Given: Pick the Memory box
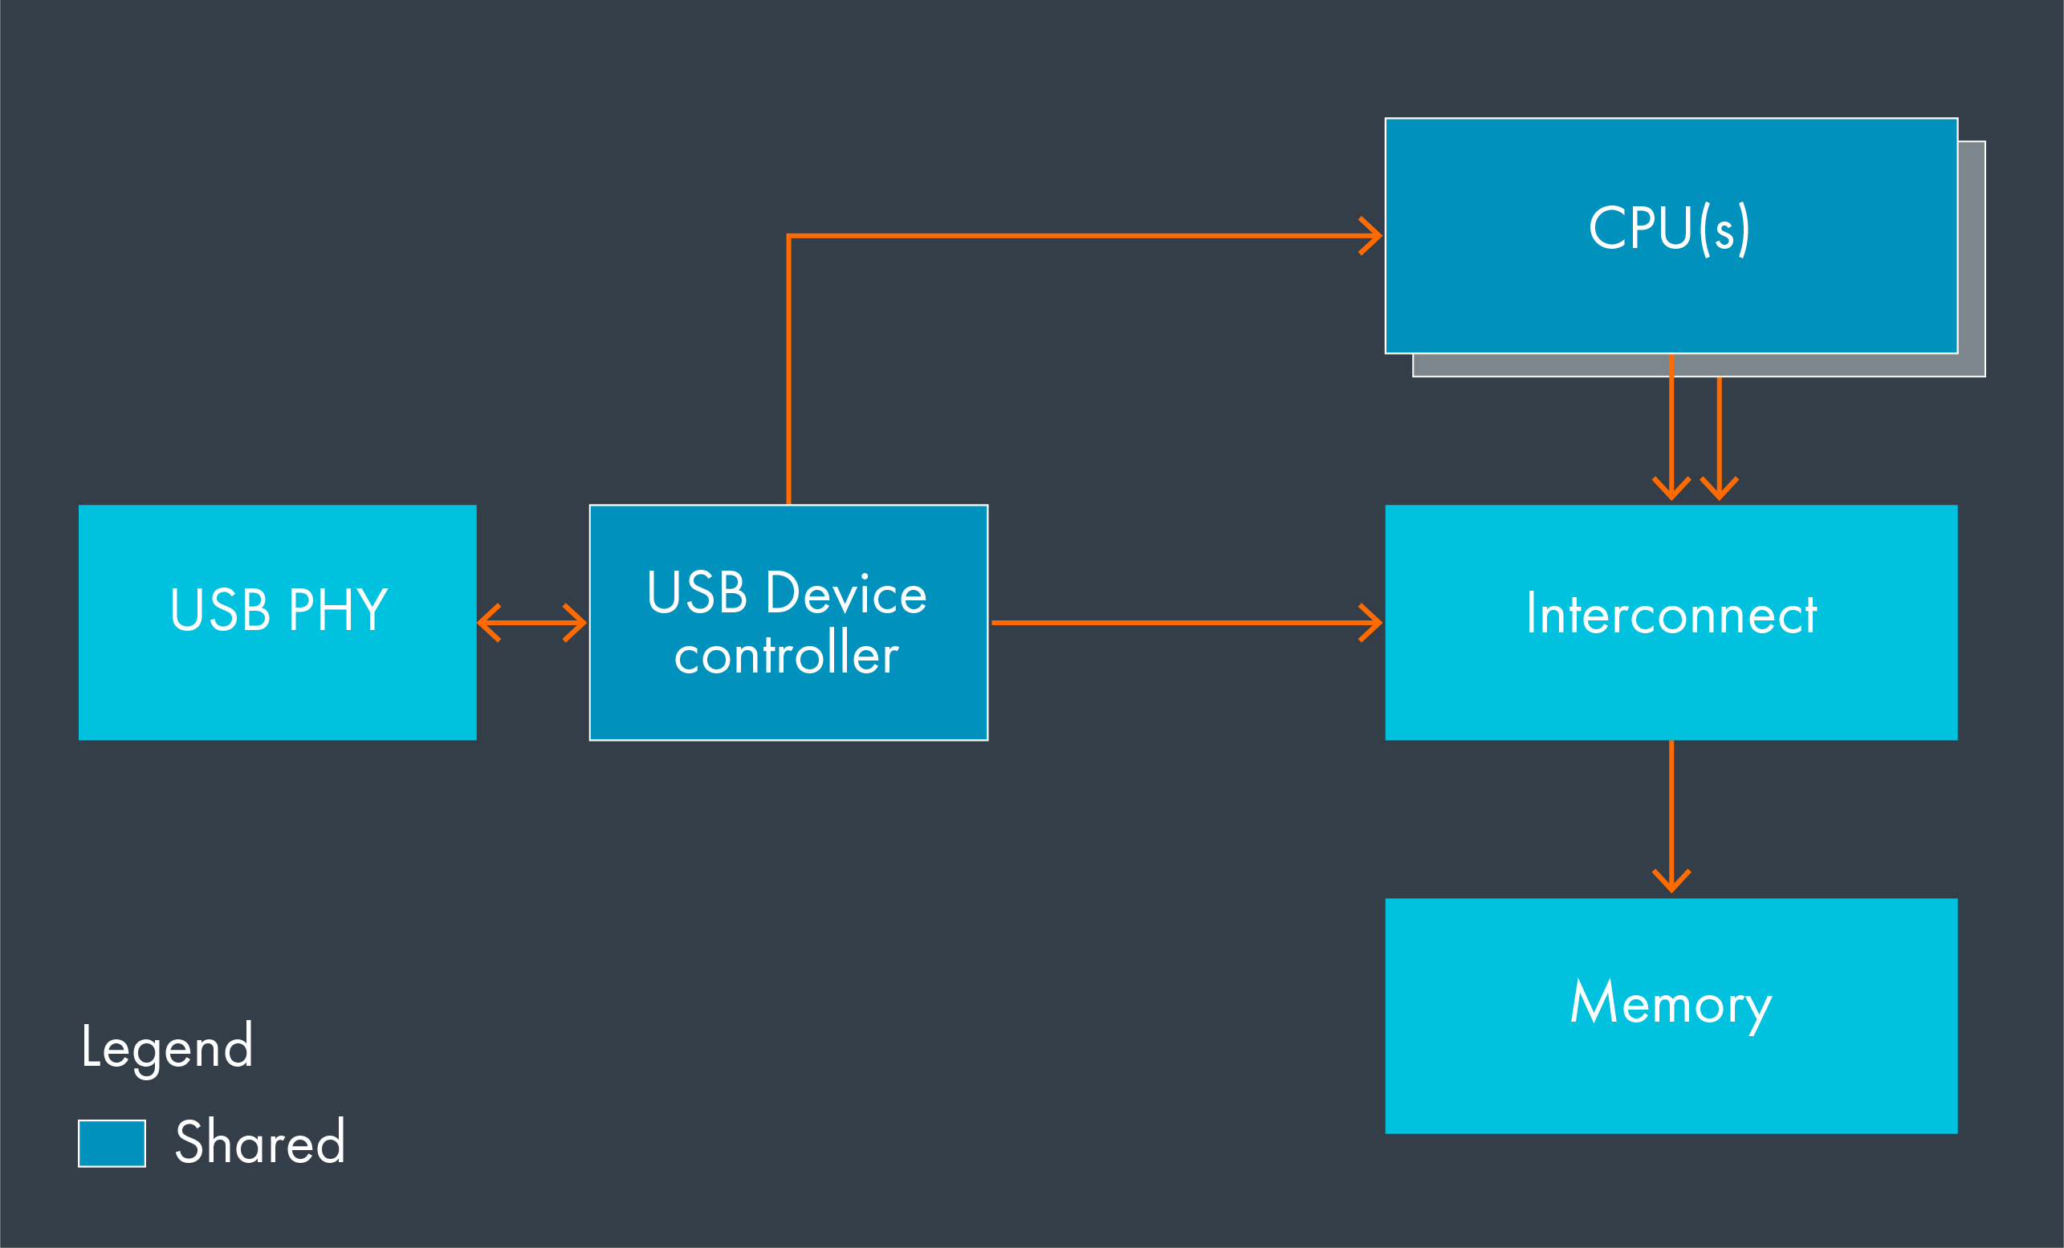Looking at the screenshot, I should tap(1671, 1080).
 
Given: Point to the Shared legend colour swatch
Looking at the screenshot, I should tap(112, 1144).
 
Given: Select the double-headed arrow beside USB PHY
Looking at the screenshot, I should tap(531, 623).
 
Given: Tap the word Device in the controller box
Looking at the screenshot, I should tap(846, 593).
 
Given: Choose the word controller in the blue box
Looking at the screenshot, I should tap(786, 654).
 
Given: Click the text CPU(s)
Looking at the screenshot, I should tap(1669, 228).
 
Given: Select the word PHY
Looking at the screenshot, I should tap(338, 610).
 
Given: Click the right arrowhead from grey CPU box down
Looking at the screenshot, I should tap(1719, 490).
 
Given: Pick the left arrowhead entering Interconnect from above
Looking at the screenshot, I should tap(1671, 490).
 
